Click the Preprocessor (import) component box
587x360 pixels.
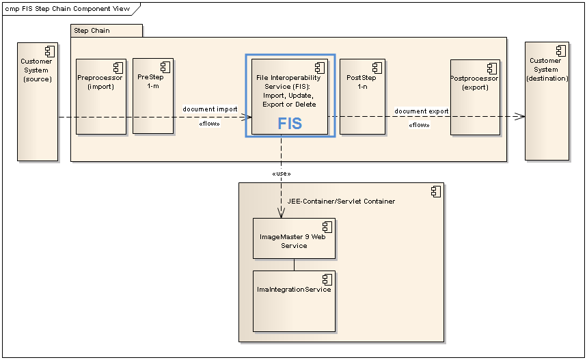[100, 96]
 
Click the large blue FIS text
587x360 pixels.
[289, 124]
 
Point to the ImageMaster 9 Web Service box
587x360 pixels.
[294, 238]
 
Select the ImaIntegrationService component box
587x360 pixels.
[294, 301]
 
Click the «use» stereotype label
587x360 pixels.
[281, 174]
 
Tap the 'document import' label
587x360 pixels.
[210, 109]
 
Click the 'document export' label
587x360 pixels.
[422, 111]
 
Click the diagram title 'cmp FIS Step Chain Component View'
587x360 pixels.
[67, 9]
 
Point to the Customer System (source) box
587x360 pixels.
[37, 102]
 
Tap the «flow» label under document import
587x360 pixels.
[209, 124]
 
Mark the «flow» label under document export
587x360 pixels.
[419, 125]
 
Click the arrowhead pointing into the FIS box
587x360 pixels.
[247, 117]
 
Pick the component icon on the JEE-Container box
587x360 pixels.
[436, 192]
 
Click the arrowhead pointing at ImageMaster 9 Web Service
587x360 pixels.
[281, 214]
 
